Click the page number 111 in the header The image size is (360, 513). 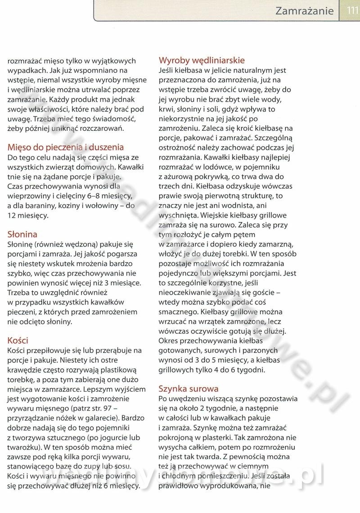click(x=352, y=10)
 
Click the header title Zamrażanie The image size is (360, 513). click(x=305, y=10)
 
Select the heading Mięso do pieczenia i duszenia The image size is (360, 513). click(x=66, y=147)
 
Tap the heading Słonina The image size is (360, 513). click(x=22, y=234)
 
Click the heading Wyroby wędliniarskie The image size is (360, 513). click(x=202, y=60)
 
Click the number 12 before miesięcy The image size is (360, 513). click(x=13, y=215)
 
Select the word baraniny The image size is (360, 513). click(x=39, y=206)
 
